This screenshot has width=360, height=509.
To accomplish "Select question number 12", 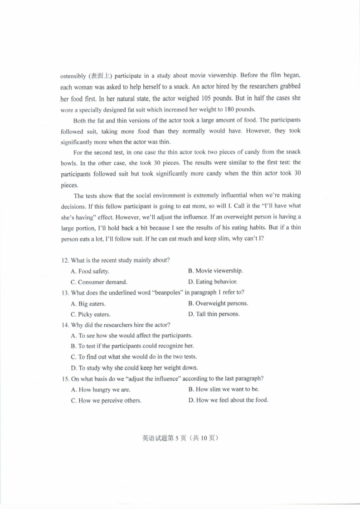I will click(x=65, y=260).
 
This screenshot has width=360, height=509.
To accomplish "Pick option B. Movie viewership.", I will click(x=215, y=271).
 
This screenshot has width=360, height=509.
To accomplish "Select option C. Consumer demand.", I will click(x=99, y=282).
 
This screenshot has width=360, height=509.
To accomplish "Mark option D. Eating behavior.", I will click(x=213, y=282).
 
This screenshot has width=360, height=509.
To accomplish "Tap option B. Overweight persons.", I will click(x=218, y=303).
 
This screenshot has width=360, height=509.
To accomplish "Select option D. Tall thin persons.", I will click(x=214, y=314).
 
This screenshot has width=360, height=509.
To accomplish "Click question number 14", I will click(x=65, y=325).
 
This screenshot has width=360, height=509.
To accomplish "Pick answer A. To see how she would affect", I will click(x=131, y=336).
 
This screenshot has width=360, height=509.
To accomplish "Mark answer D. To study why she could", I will click(x=134, y=368).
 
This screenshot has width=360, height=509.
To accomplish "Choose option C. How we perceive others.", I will click(x=106, y=401).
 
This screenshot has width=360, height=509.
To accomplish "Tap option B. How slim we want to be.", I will click(x=224, y=389).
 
